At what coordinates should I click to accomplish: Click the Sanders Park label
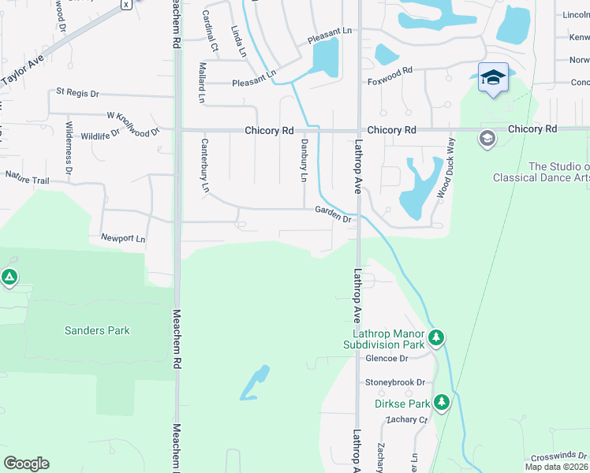pos(97,330)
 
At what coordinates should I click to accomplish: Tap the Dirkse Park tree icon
pos(442,403)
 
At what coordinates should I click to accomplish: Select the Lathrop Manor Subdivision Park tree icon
pos(435,338)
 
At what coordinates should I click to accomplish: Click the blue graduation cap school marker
pos(493,76)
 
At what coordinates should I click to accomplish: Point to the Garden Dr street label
pos(333,214)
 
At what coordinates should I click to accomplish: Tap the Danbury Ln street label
pos(303,160)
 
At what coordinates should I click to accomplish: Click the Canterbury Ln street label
pos(205,166)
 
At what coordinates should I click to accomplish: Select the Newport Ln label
pos(123,238)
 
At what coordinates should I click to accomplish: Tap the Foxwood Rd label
pos(390,71)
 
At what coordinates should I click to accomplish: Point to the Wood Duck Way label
pos(446,167)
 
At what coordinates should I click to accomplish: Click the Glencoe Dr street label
pos(386,358)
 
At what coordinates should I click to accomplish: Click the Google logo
pos(26,464)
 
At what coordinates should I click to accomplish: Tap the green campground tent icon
pos(9,277)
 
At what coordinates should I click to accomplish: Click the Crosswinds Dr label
pos(558,456)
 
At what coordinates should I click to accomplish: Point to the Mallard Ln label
pos(202,84)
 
